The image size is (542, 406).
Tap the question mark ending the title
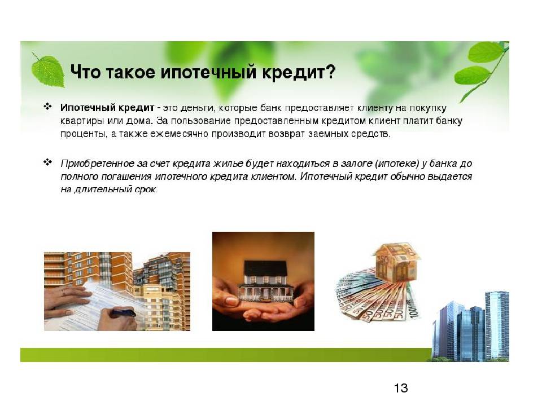(330, 72)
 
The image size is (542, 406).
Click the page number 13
(401, 388)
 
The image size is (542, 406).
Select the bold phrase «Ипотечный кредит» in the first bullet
(107, 108)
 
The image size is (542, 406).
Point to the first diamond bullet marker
(47, 107)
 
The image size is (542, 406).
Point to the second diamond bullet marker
(47, 162)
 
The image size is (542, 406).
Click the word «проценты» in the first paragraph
(84, 134)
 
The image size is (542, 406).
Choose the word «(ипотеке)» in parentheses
(397, 164)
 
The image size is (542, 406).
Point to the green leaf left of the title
(48, 71)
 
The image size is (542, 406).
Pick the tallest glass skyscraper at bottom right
(497, 325)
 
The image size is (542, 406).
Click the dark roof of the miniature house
(265, 267)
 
